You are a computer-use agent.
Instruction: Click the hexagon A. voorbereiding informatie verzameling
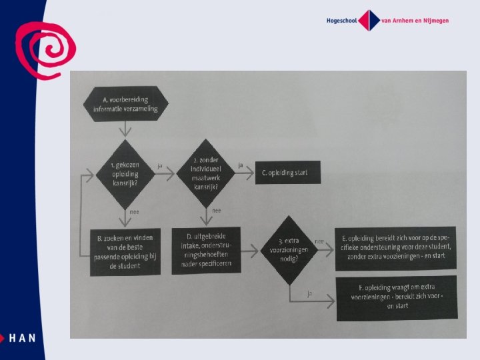[126, 105]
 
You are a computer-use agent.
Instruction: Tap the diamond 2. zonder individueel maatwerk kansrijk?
[205, 173]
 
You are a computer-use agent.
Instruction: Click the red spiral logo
[45, 48]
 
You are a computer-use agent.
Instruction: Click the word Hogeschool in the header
[341, 20]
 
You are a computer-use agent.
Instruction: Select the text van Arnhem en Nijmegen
[415, 20]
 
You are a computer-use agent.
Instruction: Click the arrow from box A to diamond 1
[122, 129]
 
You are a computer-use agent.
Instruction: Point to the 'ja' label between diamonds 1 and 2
[160, 164]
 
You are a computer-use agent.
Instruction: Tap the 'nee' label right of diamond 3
[319, 241]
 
